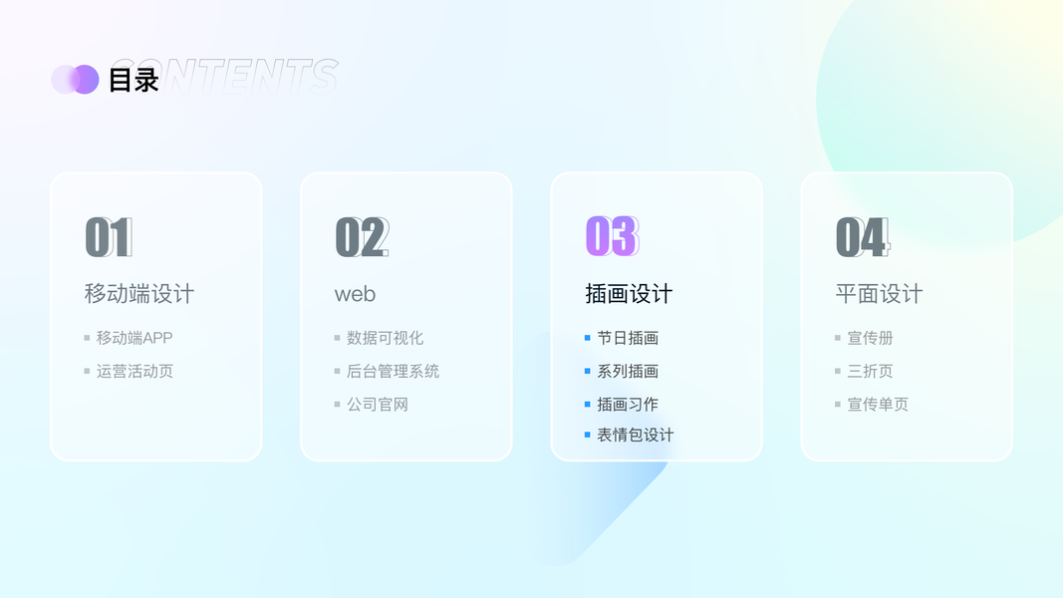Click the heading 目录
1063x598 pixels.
(133, 80)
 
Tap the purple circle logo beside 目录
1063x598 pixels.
(76, 80)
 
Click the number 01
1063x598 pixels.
(109, 237)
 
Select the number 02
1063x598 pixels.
(362, 237)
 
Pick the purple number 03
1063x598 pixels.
(612, 236)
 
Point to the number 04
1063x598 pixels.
(863, 237)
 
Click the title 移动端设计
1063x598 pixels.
(138, 294)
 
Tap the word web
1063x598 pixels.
(355, 294)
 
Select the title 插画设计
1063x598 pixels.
(629, 294)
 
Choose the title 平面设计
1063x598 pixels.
(879, 294)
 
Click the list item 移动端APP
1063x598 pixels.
(134, 338)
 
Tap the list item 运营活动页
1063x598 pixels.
(134, 371)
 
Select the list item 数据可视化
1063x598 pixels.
(386, 338)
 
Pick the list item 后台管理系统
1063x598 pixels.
(393, 371)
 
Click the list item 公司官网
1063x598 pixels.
(378, 404)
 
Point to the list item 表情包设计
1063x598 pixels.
(636, 435)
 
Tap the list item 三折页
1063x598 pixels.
(870, 371)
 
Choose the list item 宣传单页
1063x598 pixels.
(878, 404)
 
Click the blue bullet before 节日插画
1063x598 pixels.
(587, 338)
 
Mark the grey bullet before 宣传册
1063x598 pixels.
(837, 338)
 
